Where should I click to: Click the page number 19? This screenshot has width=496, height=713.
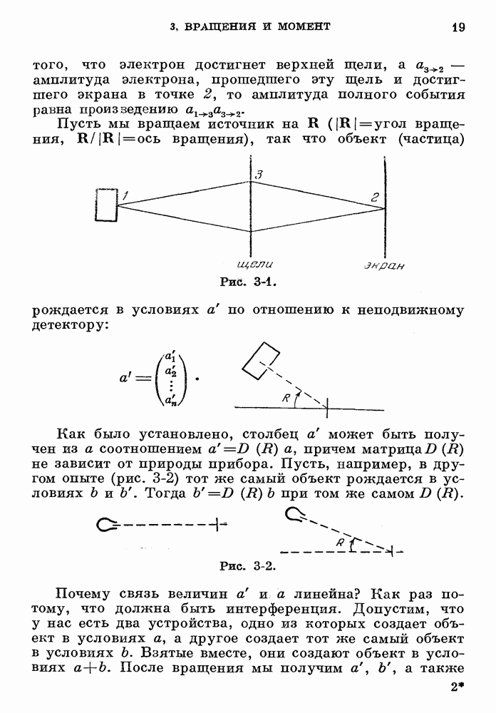click(458, 28)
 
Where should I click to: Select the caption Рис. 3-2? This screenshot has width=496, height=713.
click(247, 567)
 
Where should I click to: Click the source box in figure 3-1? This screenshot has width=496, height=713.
click(105, 205)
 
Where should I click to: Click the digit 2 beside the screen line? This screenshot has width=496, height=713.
click(373, 198)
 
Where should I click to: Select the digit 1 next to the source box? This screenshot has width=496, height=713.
click(125, 195)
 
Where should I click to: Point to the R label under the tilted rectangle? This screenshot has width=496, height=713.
click(286, 399)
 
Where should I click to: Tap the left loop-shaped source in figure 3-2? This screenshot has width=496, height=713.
click(108, 525)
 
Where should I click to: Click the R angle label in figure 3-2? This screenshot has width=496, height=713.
click(341, 543)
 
